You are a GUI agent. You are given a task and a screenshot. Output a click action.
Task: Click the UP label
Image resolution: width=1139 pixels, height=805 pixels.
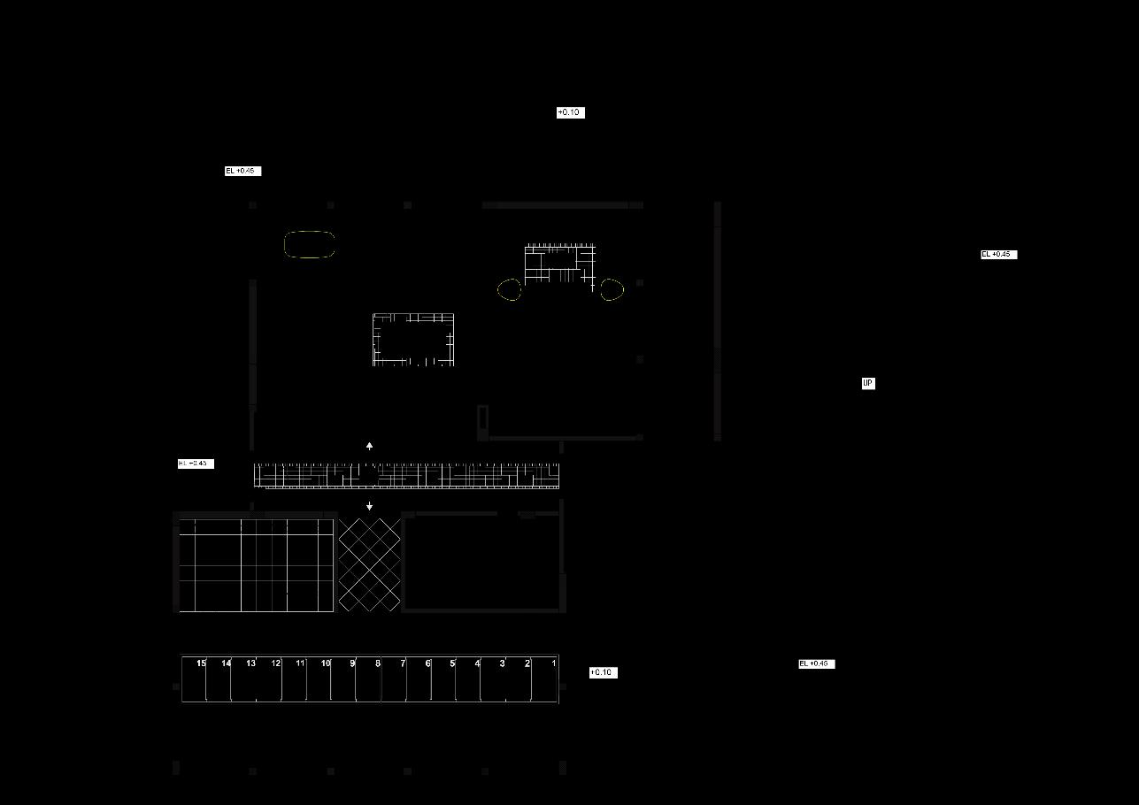pos(868,383)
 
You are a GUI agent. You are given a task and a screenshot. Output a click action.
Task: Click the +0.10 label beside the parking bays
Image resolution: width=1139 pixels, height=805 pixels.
pos(603,672)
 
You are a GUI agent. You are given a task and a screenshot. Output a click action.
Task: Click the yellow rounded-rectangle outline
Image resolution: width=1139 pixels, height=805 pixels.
pos(310,245)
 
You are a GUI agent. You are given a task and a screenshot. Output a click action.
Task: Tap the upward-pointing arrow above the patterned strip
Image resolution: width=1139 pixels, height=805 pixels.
pos(369,446)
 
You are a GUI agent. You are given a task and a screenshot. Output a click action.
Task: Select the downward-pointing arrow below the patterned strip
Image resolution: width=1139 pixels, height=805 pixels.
pos(369,507)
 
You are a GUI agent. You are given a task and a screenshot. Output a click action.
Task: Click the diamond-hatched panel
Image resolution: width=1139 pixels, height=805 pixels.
pos(369,565)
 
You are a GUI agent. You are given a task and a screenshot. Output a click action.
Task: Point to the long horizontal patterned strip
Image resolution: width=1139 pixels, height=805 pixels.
pos(407,476)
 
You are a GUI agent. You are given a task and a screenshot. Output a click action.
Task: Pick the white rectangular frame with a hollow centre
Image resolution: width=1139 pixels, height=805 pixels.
pos(413,339)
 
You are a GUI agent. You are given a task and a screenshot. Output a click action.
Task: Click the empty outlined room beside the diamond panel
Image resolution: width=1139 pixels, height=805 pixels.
pos(482,563)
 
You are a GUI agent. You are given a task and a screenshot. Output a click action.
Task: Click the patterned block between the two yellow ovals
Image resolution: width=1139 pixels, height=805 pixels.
pos(560,264)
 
